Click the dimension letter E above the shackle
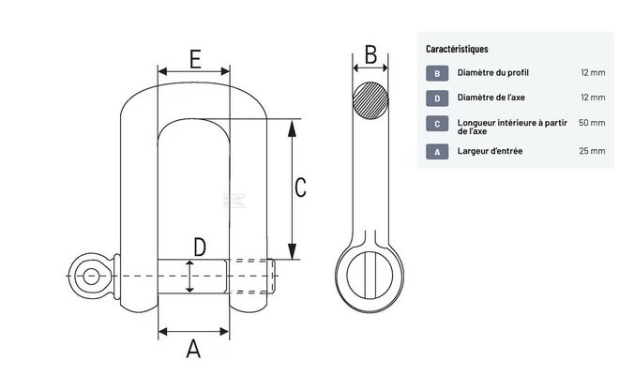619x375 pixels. point(192,57)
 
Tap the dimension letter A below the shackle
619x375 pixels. point(194,349)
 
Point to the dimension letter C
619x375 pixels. point(300,187)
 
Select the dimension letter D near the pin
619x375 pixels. point(200,247)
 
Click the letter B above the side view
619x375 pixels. point(370,54)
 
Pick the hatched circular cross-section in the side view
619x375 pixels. point(370,100)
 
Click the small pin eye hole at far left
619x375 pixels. point(89,276)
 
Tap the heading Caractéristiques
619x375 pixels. point(457,48)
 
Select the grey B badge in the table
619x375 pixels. point(438,72)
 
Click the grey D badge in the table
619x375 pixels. point(438,97)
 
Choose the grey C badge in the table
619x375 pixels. point(438,123)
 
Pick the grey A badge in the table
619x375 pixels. point(438,151)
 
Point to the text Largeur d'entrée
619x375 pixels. point(490,151)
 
